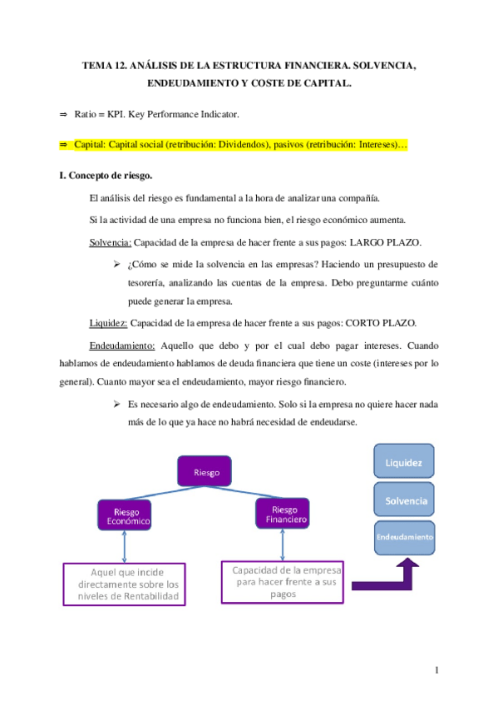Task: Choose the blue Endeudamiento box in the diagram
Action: [x=404, y=537]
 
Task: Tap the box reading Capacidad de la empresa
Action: [x=284, y=581]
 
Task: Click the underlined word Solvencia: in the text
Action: [x=110, y=242]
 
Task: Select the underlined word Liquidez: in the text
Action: [x=108, y=322]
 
